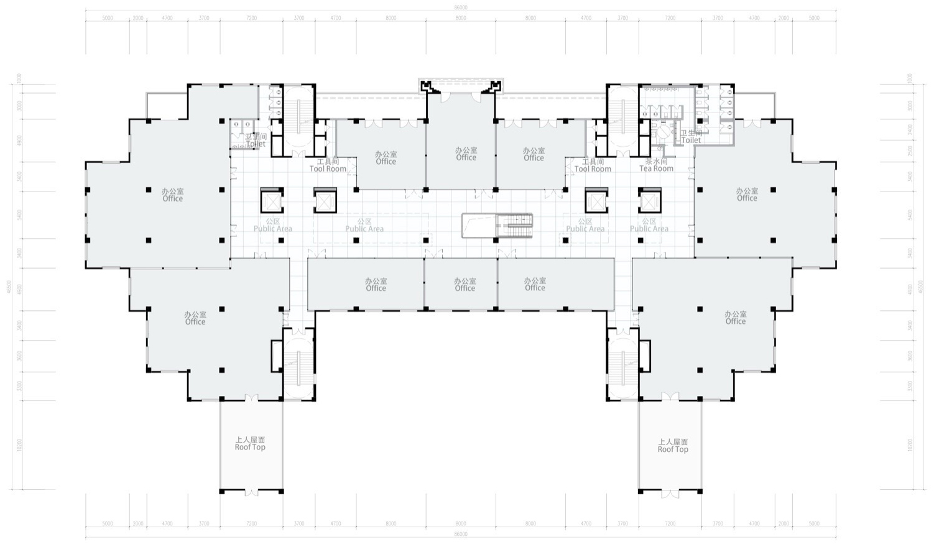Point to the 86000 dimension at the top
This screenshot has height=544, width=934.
(x=461, y=7)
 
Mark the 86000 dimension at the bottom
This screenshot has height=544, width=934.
(x=461, y=534)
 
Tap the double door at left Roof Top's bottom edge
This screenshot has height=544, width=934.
(x=251, y=492)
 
